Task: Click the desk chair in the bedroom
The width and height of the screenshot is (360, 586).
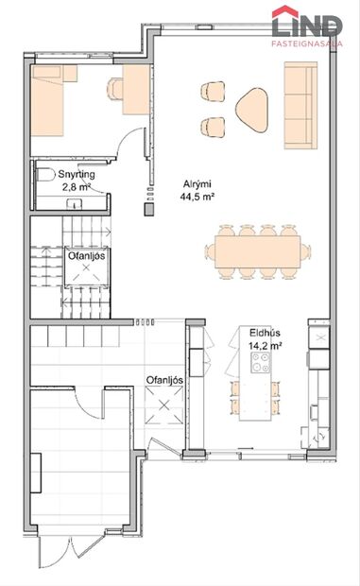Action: coord(115,88)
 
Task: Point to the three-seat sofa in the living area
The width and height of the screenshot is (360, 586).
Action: coord(301,105)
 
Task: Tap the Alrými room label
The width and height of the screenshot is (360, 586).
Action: coord(197,185)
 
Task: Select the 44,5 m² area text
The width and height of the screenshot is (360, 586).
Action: coord(197,198)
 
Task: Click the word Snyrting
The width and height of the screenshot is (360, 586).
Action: coord(77,176)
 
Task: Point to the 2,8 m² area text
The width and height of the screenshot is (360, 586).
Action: coord(77,187)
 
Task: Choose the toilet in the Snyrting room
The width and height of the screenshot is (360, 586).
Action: coord(43,175)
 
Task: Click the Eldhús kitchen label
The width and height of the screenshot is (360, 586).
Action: coord(264,334)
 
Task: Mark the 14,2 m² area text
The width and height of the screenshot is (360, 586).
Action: coord(264,346)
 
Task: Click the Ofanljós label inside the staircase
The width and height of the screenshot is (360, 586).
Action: coord(86,254)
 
